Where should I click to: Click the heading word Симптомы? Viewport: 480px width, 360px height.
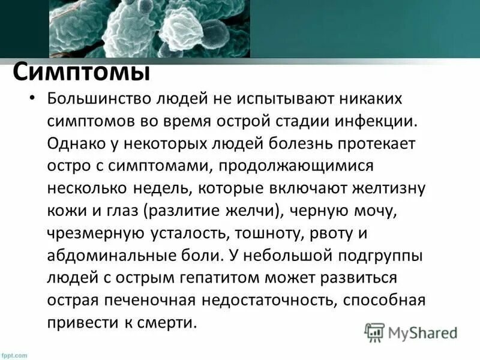click(x=81, y=72)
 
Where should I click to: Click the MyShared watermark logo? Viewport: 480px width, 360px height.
click(x=411, y=332)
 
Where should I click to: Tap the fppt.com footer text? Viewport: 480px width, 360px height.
click(x=14, y=355)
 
